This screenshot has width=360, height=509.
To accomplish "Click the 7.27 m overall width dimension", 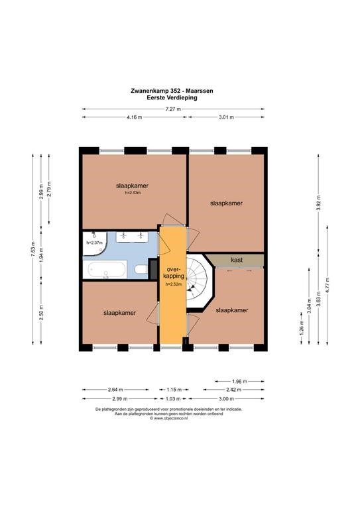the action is (173, 109).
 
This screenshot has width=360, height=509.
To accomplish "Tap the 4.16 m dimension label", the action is (135, 117).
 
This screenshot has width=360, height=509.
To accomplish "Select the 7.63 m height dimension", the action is (32, 249).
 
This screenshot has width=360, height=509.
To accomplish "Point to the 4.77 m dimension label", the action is (328, 286).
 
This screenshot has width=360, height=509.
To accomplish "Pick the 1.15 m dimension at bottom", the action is (174, 390).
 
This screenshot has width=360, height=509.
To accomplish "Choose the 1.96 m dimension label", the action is (239, 382).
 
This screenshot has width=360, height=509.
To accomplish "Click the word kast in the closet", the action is (237, 260).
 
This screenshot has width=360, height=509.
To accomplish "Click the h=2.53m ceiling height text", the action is (133, 192).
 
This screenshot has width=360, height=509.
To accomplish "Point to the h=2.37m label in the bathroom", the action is (94, 243).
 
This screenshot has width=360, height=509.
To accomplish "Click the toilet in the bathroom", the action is (141, 270).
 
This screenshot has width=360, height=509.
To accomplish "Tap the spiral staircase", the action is (197, 281).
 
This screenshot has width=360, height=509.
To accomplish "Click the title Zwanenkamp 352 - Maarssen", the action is (172, 91).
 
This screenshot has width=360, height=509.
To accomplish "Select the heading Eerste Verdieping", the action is (172, 97).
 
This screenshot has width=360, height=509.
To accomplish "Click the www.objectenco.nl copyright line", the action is (169, 418).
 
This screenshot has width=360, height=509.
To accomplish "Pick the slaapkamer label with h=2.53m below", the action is (132, 186).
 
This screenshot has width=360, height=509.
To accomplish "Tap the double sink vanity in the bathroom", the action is (132, 237).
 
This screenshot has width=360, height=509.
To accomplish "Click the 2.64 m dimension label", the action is (115, 390).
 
